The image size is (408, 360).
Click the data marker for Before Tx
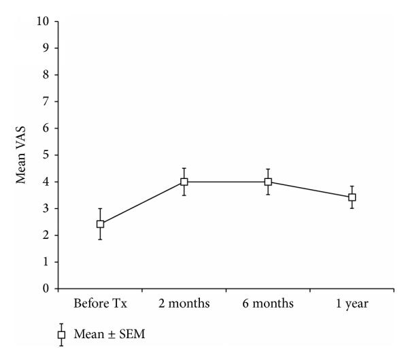coord(100,224)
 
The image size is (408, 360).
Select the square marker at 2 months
coord(184,182)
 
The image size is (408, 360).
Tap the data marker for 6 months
coord(268,182)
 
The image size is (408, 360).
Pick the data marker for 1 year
coord(352,197)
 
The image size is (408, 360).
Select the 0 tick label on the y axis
coord(45,289)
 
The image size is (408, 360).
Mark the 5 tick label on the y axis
coord(45,155)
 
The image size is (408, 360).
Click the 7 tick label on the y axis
coord(45,101)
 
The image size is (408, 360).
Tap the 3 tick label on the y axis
coord(45,208)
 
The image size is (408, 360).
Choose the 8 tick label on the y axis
coord(45,75)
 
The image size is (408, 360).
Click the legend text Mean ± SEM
coord(105,335)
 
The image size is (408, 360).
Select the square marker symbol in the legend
coord(61,335)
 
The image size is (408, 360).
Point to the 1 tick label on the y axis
coord(45,262)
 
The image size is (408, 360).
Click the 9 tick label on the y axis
coord(45,48)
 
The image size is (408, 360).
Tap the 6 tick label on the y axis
coord(45,128)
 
